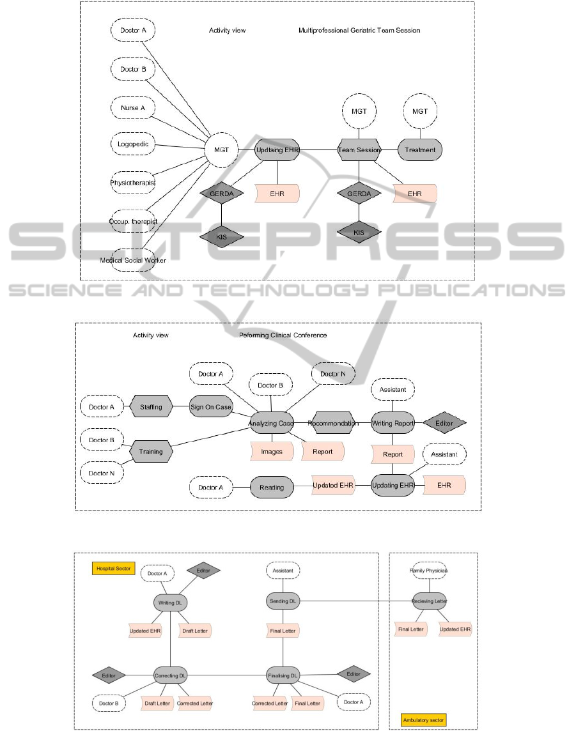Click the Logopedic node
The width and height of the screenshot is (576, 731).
coord(133,144)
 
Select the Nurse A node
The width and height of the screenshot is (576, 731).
coord(133,108)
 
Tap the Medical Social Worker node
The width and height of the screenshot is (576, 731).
coord(133,260)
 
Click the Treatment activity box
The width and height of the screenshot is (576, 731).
coord(420,150)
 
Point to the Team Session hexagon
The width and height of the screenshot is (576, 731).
coord(359,150)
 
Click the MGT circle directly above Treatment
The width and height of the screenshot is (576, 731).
coord(420,111)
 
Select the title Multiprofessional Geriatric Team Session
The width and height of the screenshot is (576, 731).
coord(359,30)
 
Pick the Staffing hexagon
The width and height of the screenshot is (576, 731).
coord(151,406)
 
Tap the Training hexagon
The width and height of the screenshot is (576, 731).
coord(151,451)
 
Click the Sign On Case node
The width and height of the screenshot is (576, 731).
coord(211,406)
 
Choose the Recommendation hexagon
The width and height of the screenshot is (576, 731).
coord(333,423)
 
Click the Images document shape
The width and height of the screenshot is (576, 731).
coord(272,451)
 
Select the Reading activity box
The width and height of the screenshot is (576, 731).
coord(272,487)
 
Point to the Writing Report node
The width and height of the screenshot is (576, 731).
coord(393,423)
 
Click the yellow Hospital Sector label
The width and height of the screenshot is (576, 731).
coord(113,568)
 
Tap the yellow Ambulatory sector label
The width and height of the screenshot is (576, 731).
coord(424,720)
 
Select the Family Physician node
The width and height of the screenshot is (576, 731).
coord(429,570)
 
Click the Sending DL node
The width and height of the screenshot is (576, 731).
coord(283,601)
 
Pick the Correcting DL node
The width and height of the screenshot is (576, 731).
coord(171,675)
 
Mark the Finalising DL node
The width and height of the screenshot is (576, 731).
coord(283,675)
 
